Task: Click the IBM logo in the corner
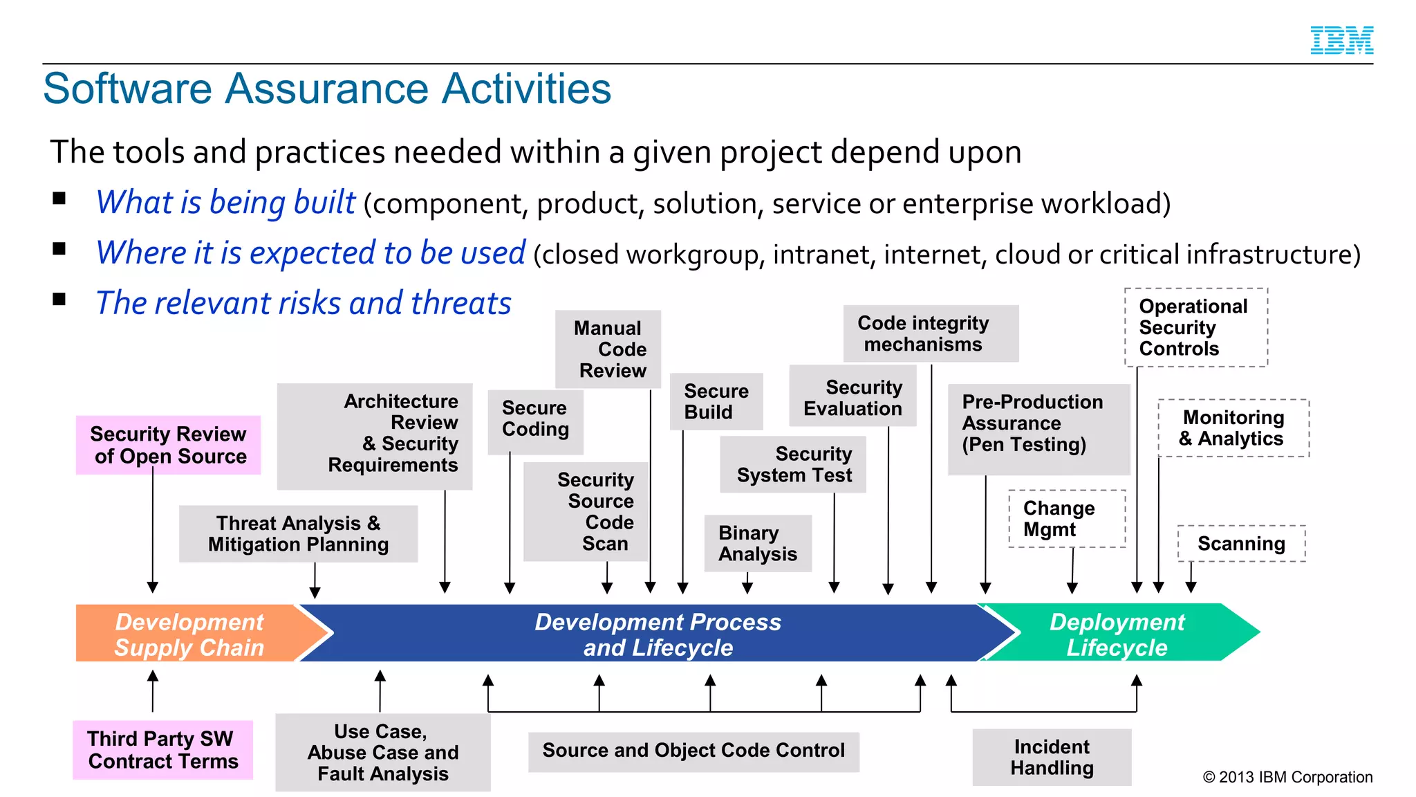coord(1341,40)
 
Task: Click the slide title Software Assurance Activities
coord(327,89)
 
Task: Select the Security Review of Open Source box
coord(168,445)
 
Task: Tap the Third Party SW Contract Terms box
coord(163,750)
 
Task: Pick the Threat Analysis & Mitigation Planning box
coord(298,533)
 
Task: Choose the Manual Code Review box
coord(608,349)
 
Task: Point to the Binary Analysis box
coord(758,543)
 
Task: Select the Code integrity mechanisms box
coord(931,333)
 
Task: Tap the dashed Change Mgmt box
coord(1067,519)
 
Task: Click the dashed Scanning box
coord(1241,544)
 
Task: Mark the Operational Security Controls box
coord(1195,327)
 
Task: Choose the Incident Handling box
coord(1052,757)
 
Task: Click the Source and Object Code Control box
coord(693,751)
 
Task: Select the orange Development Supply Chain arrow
coord(190,634)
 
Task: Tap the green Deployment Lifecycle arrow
coord(1117,634)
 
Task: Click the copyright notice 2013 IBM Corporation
coord(1287,777)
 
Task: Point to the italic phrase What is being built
coord(225,203)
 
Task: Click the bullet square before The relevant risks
coord(59,299)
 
